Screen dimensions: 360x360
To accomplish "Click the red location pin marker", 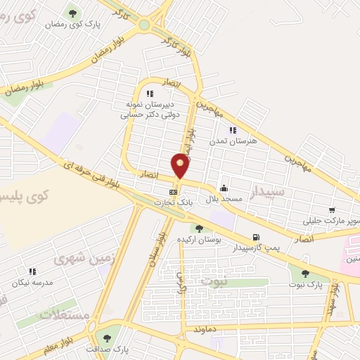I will pyautogui.click(x=181, y=165).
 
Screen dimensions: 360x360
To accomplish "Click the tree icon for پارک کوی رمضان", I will pyautogui.click(x=72, y=13).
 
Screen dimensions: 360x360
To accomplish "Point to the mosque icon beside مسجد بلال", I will pyautogui.click(x=224, y=188).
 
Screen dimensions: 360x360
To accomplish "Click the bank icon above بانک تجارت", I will pyautogui.click(x=173, y=191).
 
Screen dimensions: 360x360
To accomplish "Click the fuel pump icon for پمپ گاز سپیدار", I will pyautogui.click(x=255, y=237).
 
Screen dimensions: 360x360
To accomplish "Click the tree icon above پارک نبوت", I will pyautogui.click(x=304, y=274).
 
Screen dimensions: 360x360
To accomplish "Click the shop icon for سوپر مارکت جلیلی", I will pyautogui.click(x=331, y=210).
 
